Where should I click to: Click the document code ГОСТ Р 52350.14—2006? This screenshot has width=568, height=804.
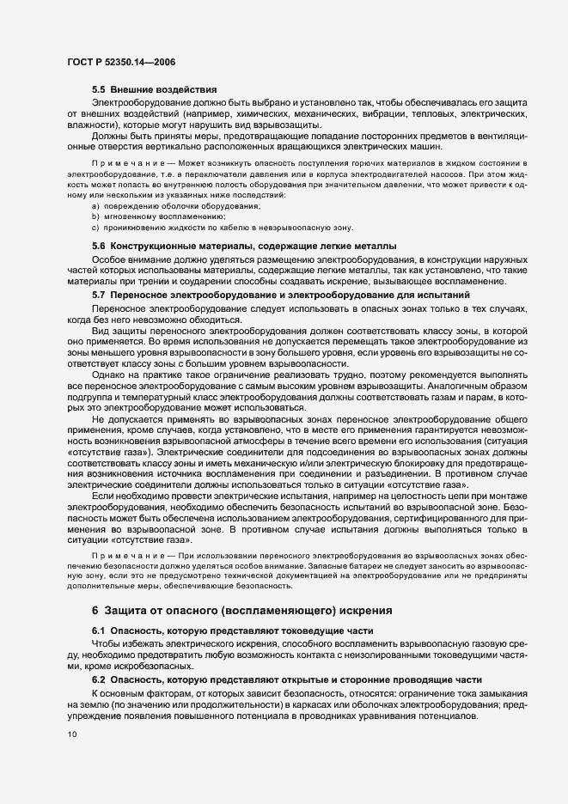[x=123, y=62]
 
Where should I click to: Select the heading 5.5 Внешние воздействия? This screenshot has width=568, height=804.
[x=155, y=90]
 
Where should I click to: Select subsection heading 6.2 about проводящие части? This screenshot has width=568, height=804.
[x=280, y=679]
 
